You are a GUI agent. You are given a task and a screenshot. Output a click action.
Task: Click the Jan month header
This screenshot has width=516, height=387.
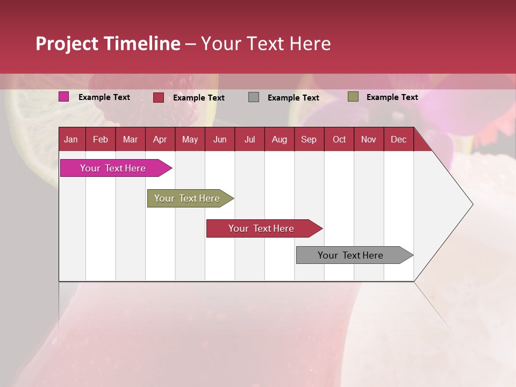tap(71, 139)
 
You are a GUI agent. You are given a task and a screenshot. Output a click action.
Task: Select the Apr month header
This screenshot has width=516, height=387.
tap(160, 139)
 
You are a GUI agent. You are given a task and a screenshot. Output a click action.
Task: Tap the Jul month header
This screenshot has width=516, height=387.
tap(249, 139)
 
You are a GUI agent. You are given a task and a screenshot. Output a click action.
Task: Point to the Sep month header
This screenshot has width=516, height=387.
tap(309, 139)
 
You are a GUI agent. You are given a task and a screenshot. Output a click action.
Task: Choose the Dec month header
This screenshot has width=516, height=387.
tap(398, 139)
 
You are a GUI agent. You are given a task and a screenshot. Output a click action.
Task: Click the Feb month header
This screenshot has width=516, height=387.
tap(101, 139)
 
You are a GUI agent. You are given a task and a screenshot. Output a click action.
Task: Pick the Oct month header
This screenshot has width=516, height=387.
tap(339, 139)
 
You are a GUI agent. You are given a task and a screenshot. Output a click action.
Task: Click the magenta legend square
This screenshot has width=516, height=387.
tap(64, 97)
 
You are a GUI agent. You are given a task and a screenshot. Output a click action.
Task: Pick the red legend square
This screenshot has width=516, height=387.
tap(159, 97)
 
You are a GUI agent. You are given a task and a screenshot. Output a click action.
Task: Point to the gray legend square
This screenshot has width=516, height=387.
tap(254, 97)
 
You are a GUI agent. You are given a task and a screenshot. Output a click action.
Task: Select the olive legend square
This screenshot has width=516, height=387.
tap(353, 97)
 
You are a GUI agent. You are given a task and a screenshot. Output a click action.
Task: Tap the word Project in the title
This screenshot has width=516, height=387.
tap(66, 44)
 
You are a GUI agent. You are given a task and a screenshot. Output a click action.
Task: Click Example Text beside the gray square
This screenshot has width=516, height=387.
tap(293, 97)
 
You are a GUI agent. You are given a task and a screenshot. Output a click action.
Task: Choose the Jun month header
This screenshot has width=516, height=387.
tap(219, 139)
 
